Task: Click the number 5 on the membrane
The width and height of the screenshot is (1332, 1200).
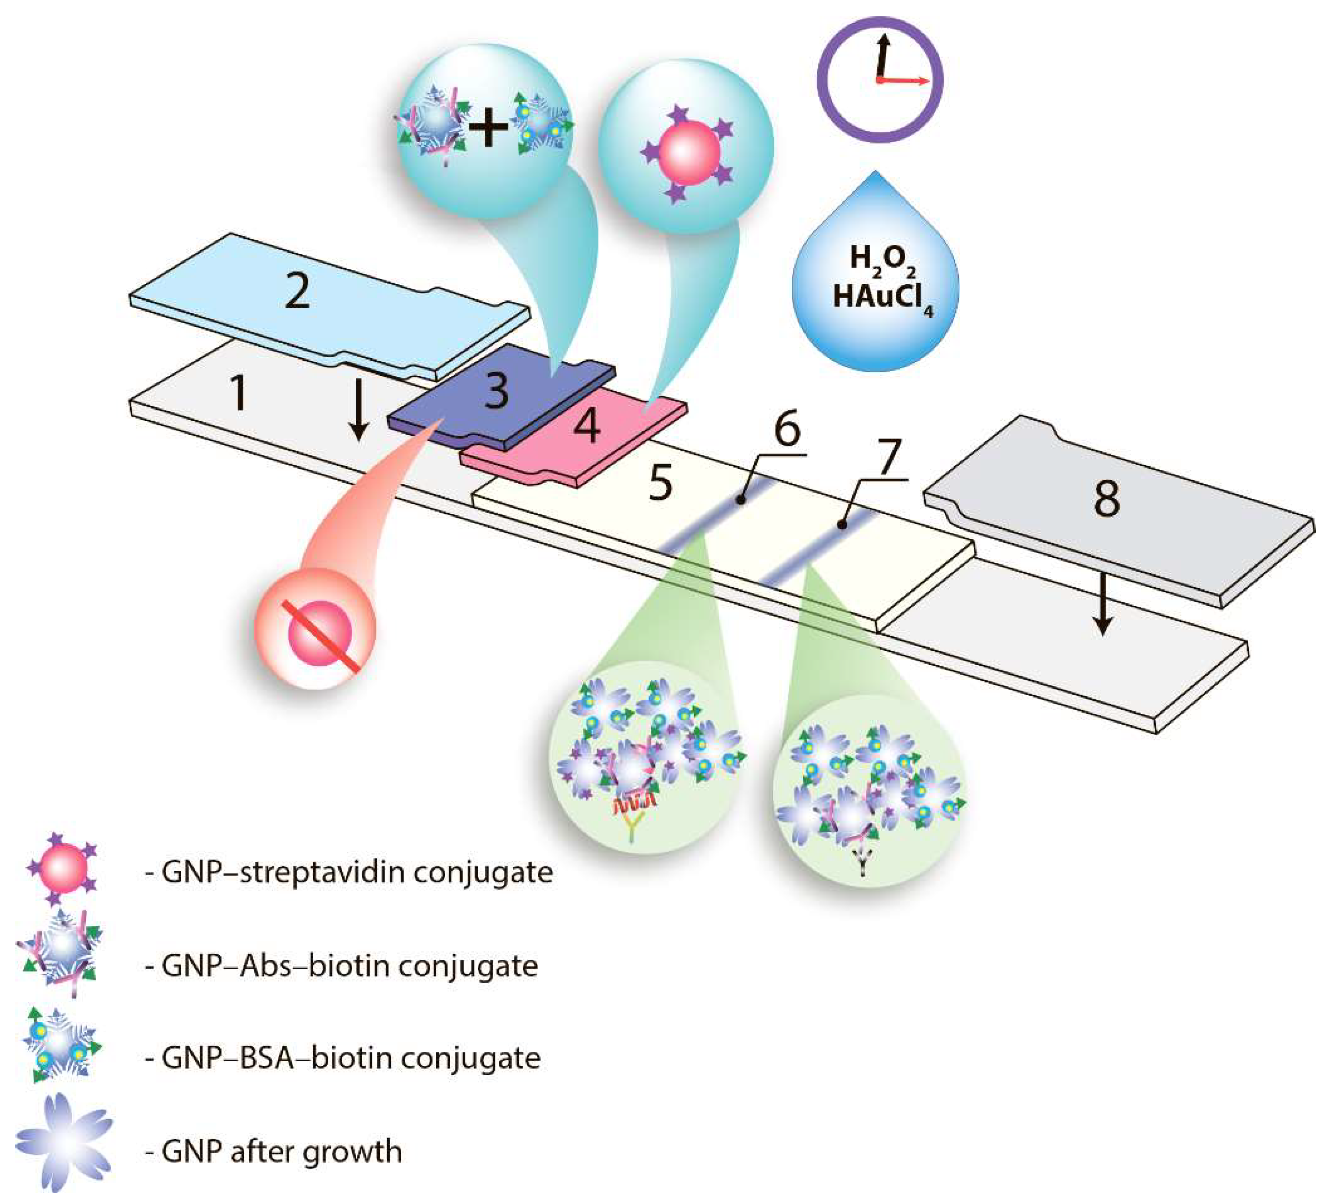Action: pos(660,483)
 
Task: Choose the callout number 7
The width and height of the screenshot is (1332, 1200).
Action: pos(889,457)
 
